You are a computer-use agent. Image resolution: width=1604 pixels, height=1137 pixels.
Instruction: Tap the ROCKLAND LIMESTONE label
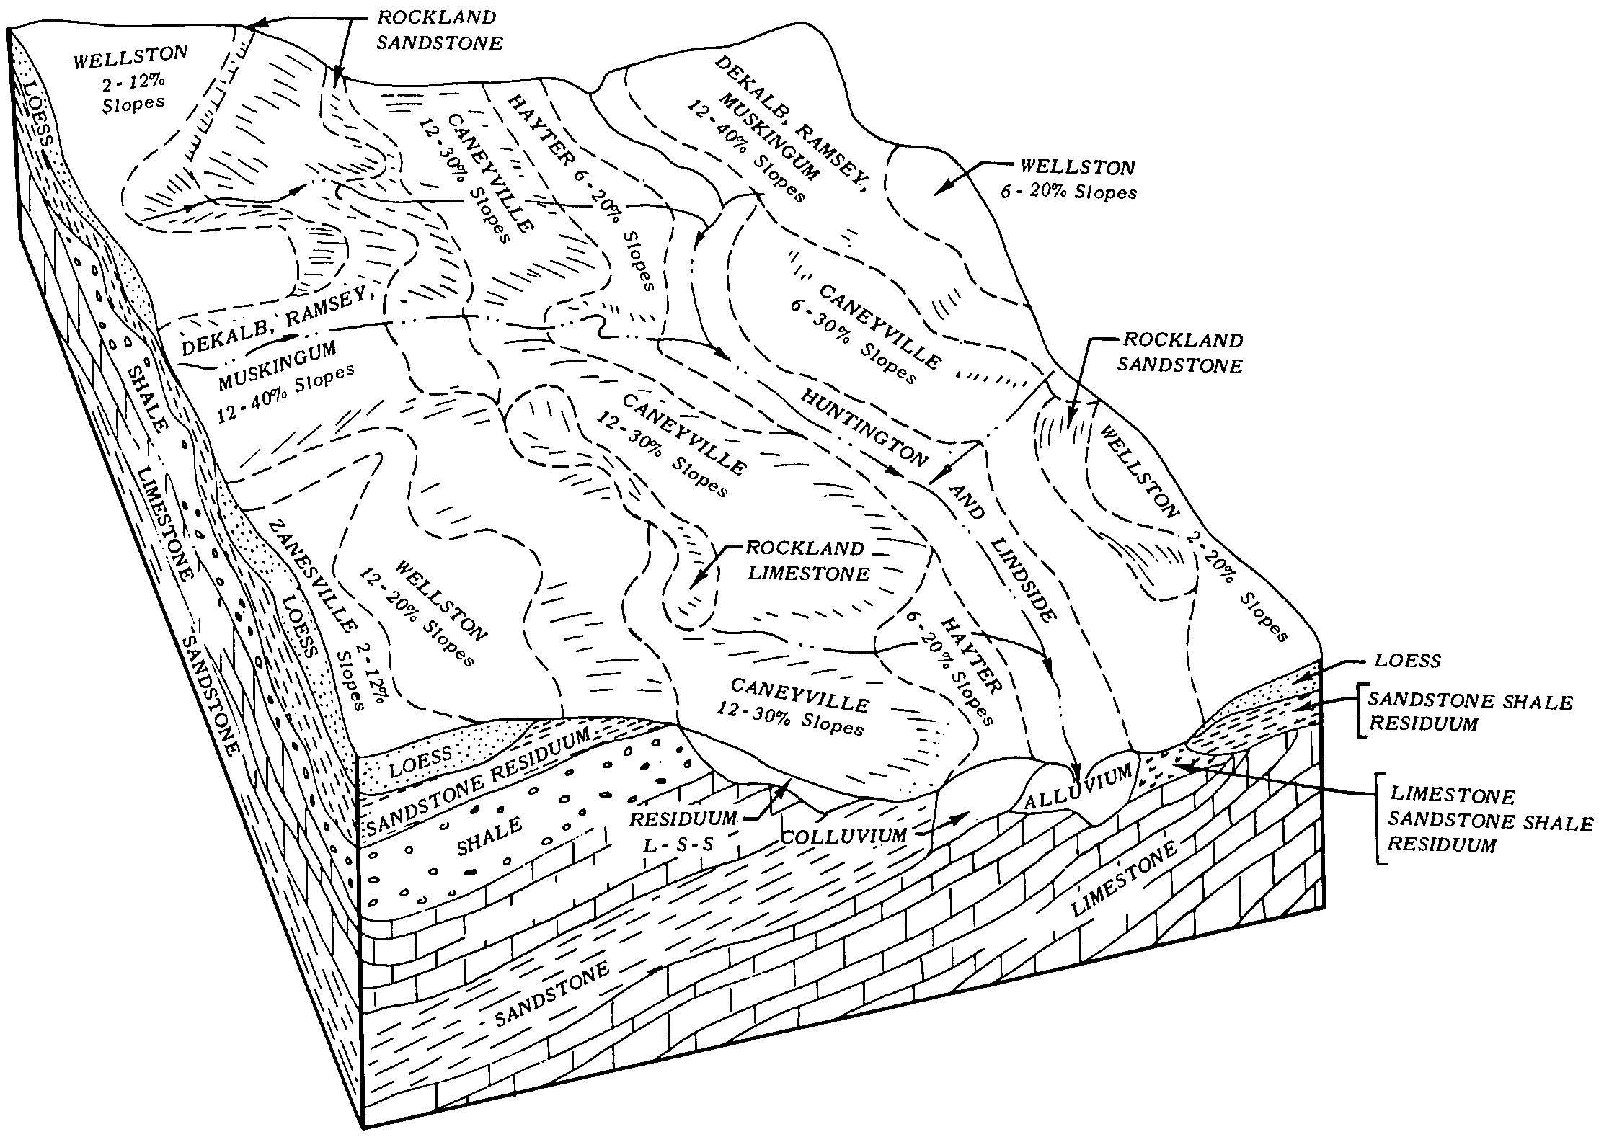coord(806,560)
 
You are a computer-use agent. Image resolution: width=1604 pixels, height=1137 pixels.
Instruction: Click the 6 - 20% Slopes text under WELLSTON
coord(1068,192)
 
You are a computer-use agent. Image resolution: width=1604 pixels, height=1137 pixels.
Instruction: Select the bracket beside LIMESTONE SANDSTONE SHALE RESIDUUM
coord(1379,818)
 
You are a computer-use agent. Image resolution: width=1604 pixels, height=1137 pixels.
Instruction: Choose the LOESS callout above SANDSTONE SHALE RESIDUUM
coord(1406,660)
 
